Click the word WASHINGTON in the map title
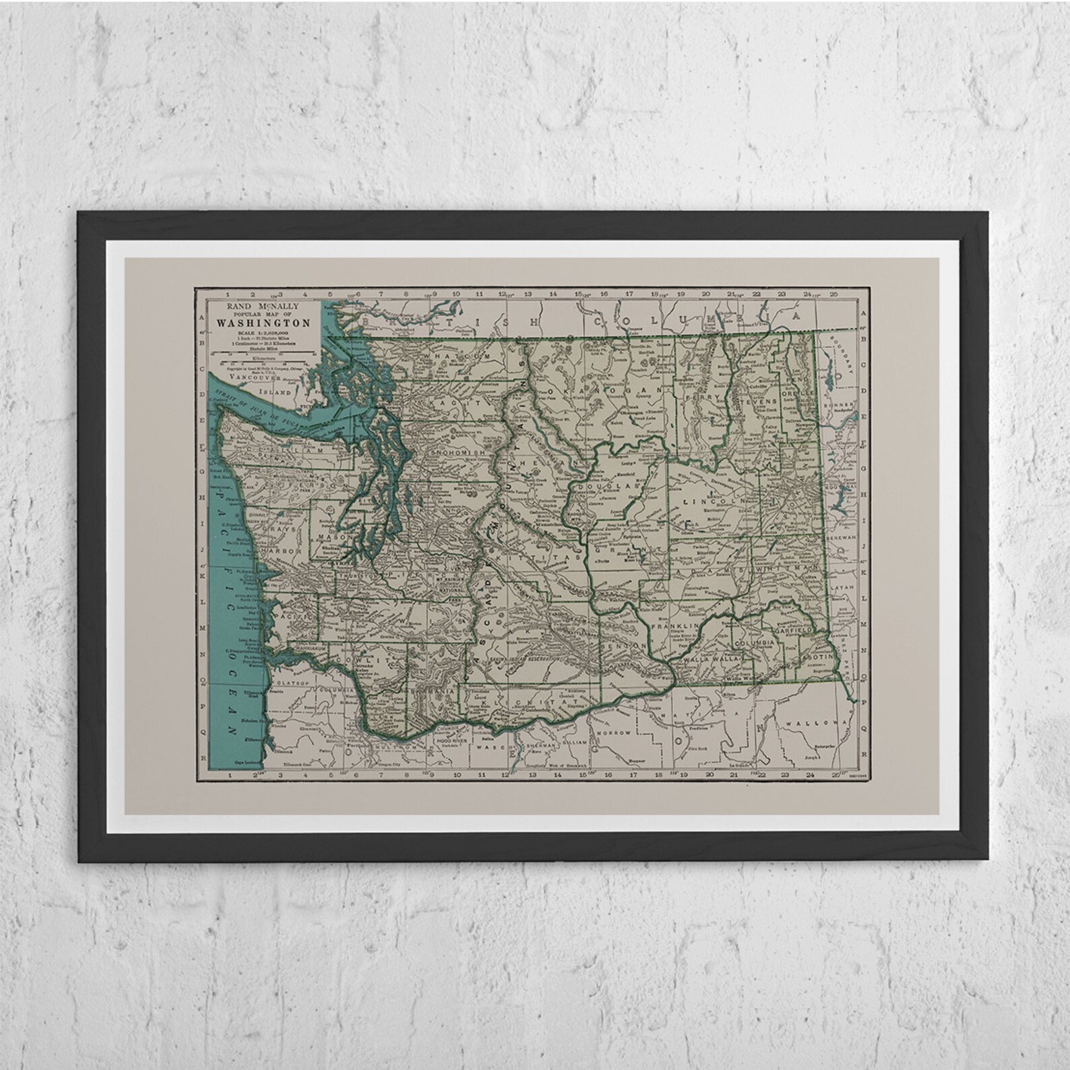[x=263, y=323]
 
